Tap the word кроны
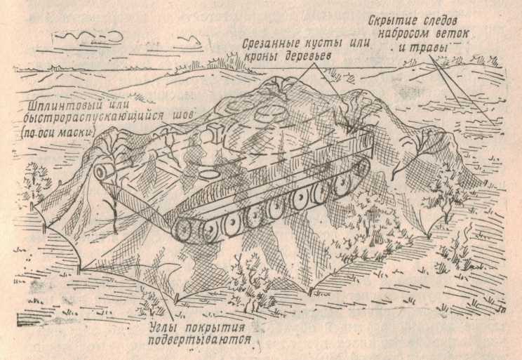tap(261, 57)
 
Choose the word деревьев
tap(307, 56)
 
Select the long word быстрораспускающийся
tap(93, 118)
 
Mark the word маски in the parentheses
tap(76, 132)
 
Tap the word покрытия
tap(215, 328)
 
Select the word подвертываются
tap(199, 340)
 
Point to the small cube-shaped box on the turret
tap(215, 131)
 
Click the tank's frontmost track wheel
tap(182, 230)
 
